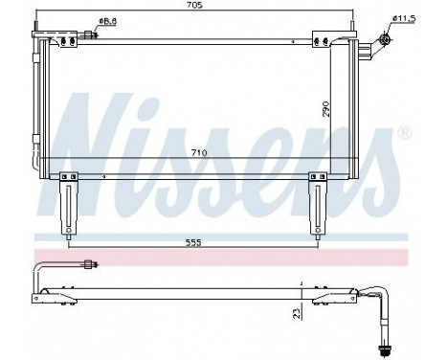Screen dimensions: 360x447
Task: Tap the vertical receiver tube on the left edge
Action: tap(36, 105)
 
